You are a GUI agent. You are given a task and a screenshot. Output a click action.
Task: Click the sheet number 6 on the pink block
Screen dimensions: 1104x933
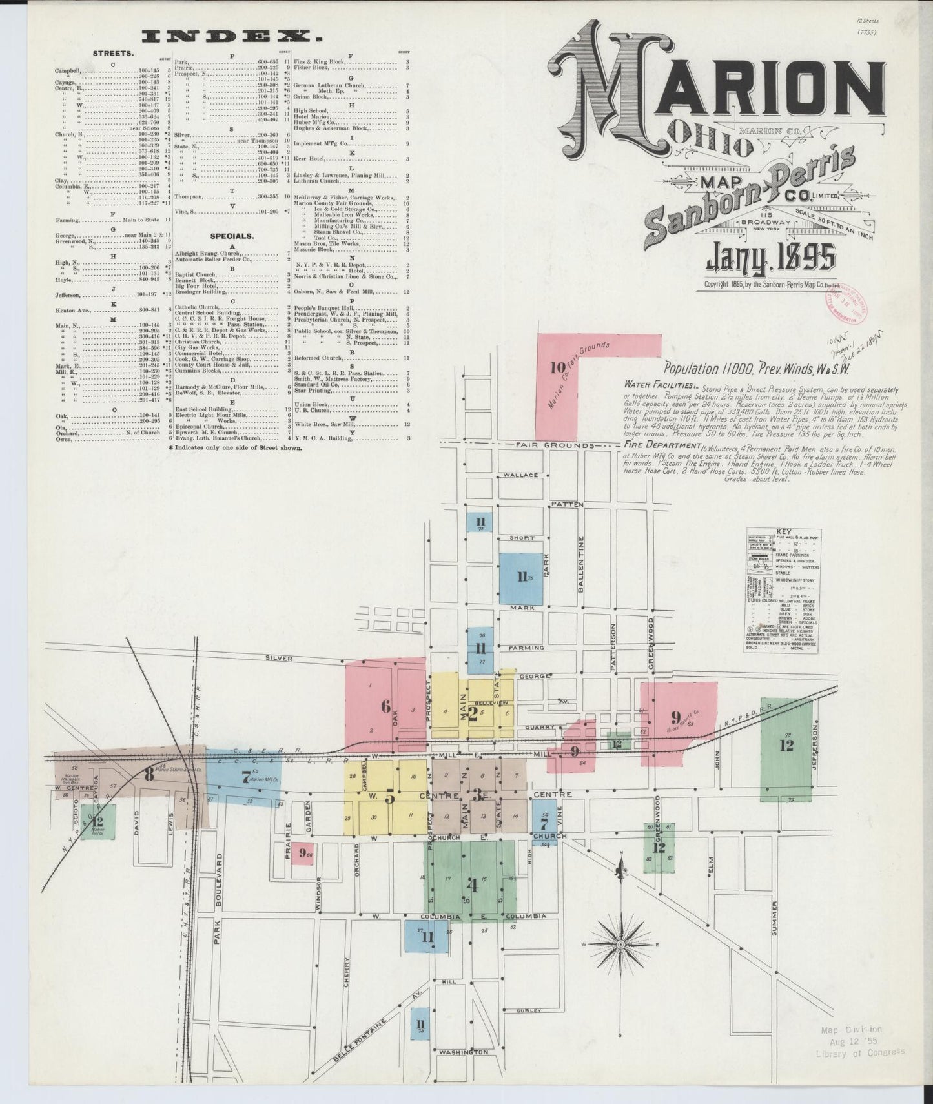tap(385, 706)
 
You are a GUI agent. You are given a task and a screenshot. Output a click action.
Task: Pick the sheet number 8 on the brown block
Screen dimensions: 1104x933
tap(149, 775)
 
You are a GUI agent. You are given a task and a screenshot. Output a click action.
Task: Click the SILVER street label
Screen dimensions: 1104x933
tap(280, 658)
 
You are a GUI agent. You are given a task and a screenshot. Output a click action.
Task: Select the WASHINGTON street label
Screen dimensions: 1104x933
tap(463, 1052)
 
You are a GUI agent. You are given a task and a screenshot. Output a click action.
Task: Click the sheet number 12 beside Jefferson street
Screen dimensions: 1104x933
tap(786, 746)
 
